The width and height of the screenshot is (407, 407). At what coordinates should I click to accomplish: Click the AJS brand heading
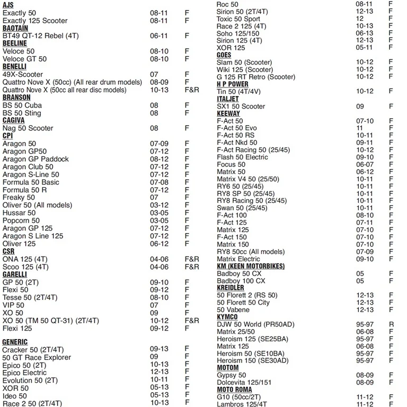click(8, 5)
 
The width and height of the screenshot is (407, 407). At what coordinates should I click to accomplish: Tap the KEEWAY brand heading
click(228, 113)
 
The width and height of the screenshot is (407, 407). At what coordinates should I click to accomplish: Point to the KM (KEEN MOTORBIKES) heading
click(251, 266)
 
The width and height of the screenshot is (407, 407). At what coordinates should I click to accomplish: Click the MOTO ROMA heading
click(234, 390)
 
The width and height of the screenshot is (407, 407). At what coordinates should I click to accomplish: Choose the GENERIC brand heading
click(15, 342)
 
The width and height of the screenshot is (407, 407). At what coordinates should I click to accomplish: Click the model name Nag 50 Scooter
click(28, 128)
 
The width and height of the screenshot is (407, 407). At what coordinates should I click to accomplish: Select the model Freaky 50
click(19, 198)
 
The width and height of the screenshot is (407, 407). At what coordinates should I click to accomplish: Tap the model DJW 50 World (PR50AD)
click(255, 324)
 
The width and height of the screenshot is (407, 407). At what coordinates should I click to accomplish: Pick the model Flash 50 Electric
click(242, 157)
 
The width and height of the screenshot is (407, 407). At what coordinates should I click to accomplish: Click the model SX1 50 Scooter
click(241, 107)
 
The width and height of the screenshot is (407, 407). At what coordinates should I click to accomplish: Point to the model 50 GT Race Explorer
click(37, 357)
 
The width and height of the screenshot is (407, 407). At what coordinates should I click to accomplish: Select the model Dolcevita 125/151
click(244, 383)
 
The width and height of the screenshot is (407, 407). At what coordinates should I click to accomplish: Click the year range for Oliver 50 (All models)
click(159, 205)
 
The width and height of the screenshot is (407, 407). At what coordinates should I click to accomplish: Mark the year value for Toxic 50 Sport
click(360, 19)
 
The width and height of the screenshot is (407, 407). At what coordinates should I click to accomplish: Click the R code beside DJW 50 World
click(391, 324)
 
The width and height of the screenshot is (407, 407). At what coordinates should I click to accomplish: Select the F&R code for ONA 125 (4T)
click(192, 259)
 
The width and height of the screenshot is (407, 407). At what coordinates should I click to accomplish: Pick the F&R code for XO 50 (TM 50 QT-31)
click(192, 321)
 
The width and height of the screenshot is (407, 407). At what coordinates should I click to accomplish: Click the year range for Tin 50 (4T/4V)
click(365, 91)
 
